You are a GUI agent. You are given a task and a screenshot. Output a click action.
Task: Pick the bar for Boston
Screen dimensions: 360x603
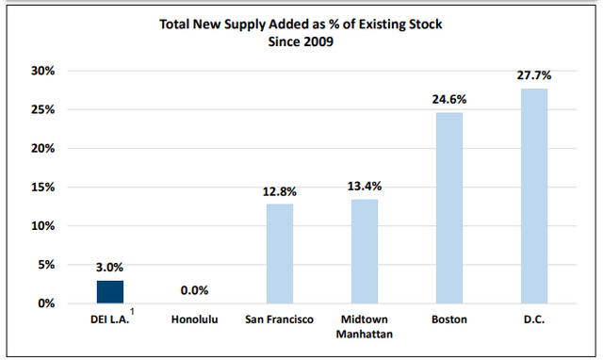pyautogui.click(x=449, y=207)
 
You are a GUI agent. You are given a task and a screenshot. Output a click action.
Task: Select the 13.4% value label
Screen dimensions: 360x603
pyautogui.click(x=365, y=186)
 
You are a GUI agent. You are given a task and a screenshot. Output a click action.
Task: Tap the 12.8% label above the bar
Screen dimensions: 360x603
pyautogui.click(x=279, y=190)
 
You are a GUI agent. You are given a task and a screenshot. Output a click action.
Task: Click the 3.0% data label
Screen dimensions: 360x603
pyautogui.click(x=109, y=267)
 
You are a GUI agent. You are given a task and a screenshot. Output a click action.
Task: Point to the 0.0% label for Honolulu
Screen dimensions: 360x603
pyautogui.click(x=194, y=290)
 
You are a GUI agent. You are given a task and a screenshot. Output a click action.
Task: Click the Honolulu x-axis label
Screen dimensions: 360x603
pyautogui.click(x=194, y=319)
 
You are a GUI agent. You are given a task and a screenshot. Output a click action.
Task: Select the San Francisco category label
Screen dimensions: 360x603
pyautogui.click(x=279, y=319)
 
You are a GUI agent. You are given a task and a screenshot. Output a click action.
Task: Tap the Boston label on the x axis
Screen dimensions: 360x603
pyautogui.click(x=449, y=319)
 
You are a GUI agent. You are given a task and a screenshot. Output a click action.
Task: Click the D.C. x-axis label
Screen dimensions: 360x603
pyautogui.click(x=533, y=319)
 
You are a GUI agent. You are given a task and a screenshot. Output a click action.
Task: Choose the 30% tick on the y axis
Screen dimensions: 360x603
pyautogui.click(x=43, y=71)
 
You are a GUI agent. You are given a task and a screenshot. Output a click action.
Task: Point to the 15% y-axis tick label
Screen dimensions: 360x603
pyautogui.click(x=43, y=187)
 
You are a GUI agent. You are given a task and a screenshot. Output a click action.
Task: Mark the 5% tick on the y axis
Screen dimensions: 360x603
pyautogui.click(x=46, y=265)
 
